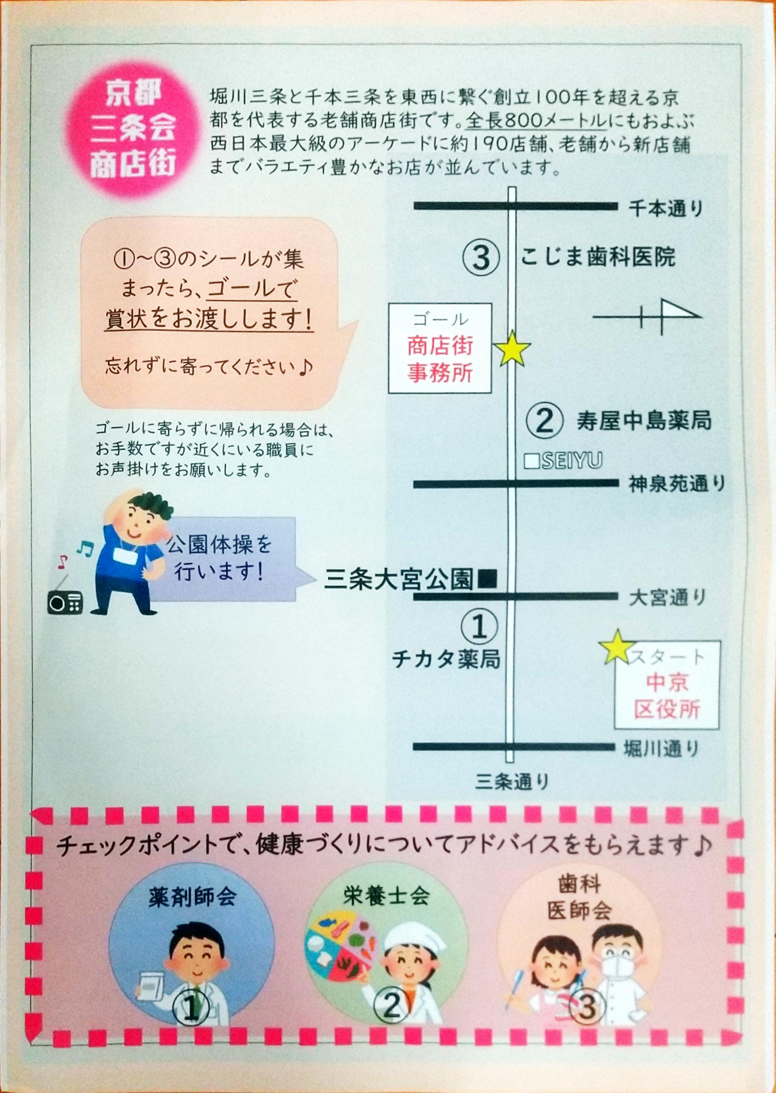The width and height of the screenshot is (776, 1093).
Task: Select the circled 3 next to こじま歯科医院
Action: [x=481, y=258]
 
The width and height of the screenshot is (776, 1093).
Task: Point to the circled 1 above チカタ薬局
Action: [x=480, y=627]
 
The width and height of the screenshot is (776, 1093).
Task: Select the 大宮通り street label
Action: [x=667, y=598]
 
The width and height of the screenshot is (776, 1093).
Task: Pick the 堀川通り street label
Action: [x=662, y=749]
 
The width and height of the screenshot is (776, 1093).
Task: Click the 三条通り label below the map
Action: [x=512, y=782]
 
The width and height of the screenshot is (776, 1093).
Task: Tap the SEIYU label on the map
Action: [x=564, y=461]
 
